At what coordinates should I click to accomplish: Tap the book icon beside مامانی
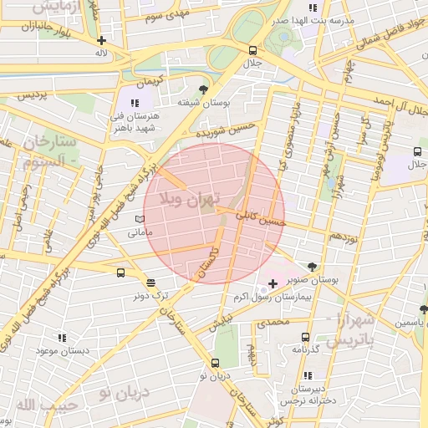[140, 220]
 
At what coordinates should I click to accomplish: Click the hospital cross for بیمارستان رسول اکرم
[273, 284]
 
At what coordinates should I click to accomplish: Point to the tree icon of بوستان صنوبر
[313, 267]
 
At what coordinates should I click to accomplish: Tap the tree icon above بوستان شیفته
[202, 89]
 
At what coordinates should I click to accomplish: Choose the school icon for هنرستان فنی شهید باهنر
[135, 102]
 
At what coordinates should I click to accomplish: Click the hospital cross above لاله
[101, 39]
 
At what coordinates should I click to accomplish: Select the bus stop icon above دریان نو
[216, 363]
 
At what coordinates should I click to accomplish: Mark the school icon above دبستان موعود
[62, 338]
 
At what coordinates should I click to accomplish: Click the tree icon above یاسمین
[424, 309]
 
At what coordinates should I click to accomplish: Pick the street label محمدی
[273, 322]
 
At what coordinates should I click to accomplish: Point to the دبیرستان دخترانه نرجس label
[307, 395]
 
